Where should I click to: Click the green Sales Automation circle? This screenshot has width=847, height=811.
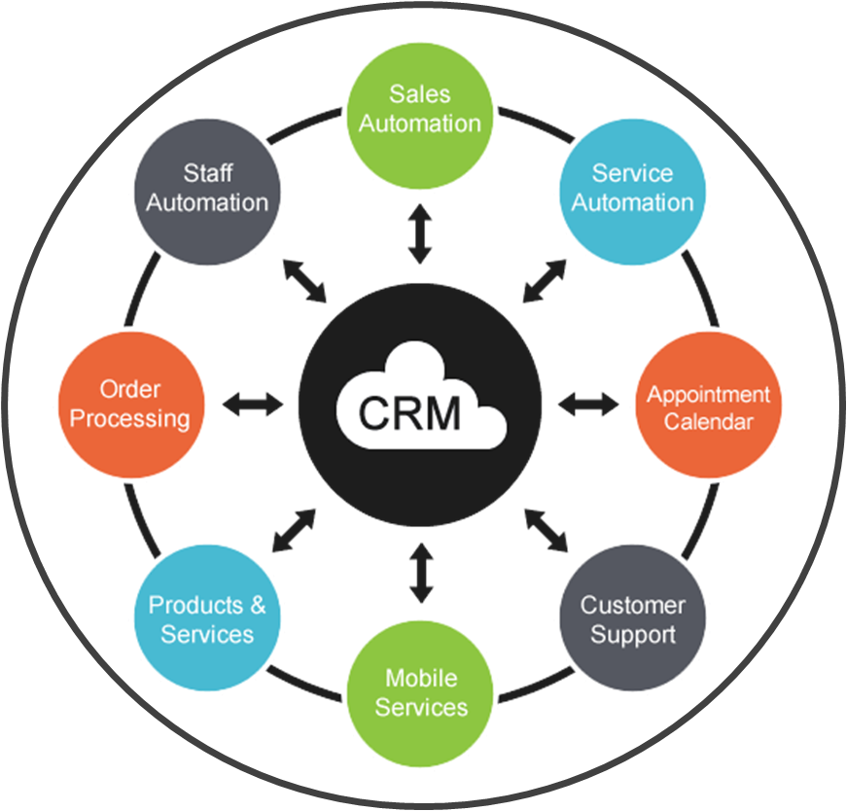(x=421, y=108)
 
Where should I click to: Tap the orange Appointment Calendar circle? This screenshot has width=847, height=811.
(x=708, y=407)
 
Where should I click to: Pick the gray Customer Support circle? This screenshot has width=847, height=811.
(x=633, y=619)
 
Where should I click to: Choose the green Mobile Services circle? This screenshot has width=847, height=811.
(x=421, y=692)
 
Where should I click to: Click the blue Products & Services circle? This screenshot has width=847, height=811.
(x=206, y=619)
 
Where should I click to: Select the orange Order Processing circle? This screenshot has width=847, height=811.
(x=131, y=405)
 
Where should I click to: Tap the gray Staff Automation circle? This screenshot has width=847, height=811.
(x=207, y=188)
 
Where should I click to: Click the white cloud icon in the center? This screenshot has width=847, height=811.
(x=421, y=406)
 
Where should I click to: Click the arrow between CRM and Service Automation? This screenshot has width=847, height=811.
(x=544, y=281)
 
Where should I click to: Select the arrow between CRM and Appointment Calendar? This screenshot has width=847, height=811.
(x=588, y=404)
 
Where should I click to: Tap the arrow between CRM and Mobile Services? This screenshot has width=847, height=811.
(x=420, y=574)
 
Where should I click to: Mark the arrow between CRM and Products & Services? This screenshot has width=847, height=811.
(x=294, y=529)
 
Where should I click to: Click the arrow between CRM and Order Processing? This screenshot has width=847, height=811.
(x=252, y=405)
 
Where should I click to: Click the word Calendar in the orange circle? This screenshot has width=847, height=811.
(x=708, y=422)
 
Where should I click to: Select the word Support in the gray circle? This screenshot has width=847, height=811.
(x=633, y=635)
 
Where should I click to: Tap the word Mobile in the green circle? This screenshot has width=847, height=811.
(x=421, y=678)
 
